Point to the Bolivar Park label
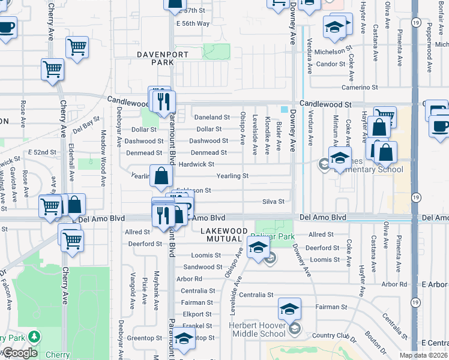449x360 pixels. tap(280, 236)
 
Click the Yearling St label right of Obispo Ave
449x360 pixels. tap(232, 176)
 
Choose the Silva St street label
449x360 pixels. tap(273, 202)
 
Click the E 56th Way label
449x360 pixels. tap(193, 23)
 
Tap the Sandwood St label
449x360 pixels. tap(199, 267)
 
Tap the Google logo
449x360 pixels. tap(20, 353)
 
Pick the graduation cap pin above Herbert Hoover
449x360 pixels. tap(289, 310)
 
